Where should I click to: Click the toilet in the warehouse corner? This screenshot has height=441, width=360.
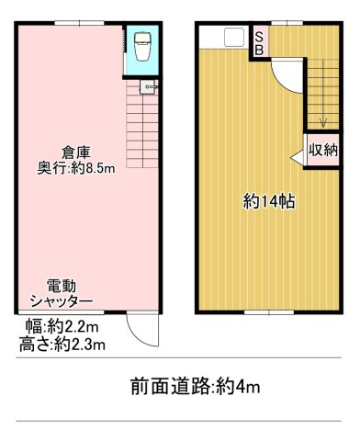(x=141, y=46)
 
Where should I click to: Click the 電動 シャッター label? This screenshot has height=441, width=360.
(x=62, y=292)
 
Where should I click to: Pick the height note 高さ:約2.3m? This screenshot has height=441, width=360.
(x=62, y=345)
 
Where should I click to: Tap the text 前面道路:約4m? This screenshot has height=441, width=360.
(x=195, y=387)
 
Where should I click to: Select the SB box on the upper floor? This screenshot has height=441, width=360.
(x=259, y=42)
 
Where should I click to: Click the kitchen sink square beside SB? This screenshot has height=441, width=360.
(x=232, y=38)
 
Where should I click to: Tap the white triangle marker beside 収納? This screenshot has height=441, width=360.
(x=298, y=160)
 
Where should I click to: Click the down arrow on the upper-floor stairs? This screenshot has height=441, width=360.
(x=321, y=120)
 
